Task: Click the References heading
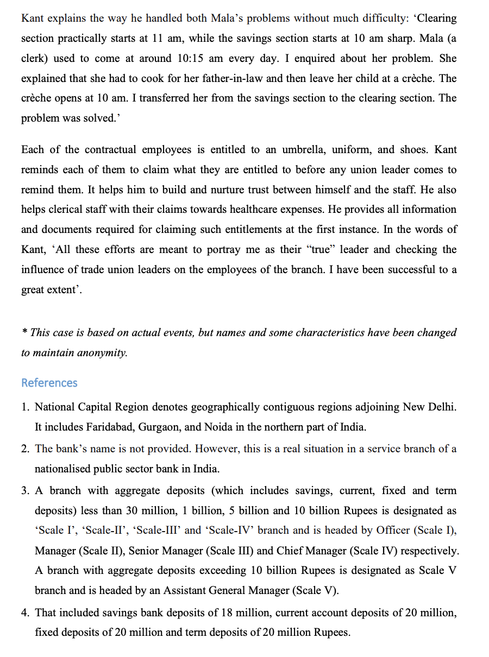pyautogui.click(x=49, y=383)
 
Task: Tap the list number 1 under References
pyautogui.click(x=25, y=407)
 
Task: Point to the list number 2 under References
pyautogui.click(x=25, y=449)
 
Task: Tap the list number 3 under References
pyautogui.click(x=25, y=491)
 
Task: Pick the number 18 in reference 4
pyautogui.click(x=227, y=613)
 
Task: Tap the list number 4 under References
pyautogui.click(x=25, y=613)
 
